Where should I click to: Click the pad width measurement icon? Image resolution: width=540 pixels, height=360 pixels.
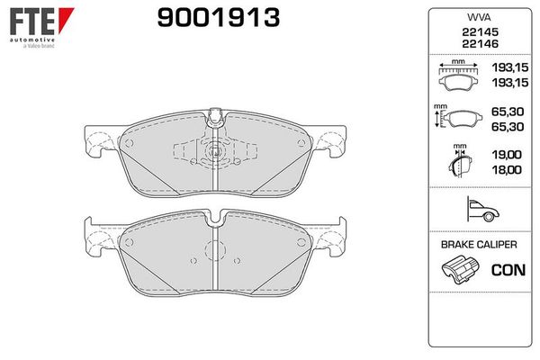(458, 76)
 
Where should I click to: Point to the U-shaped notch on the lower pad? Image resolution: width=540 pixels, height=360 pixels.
(214, 219)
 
